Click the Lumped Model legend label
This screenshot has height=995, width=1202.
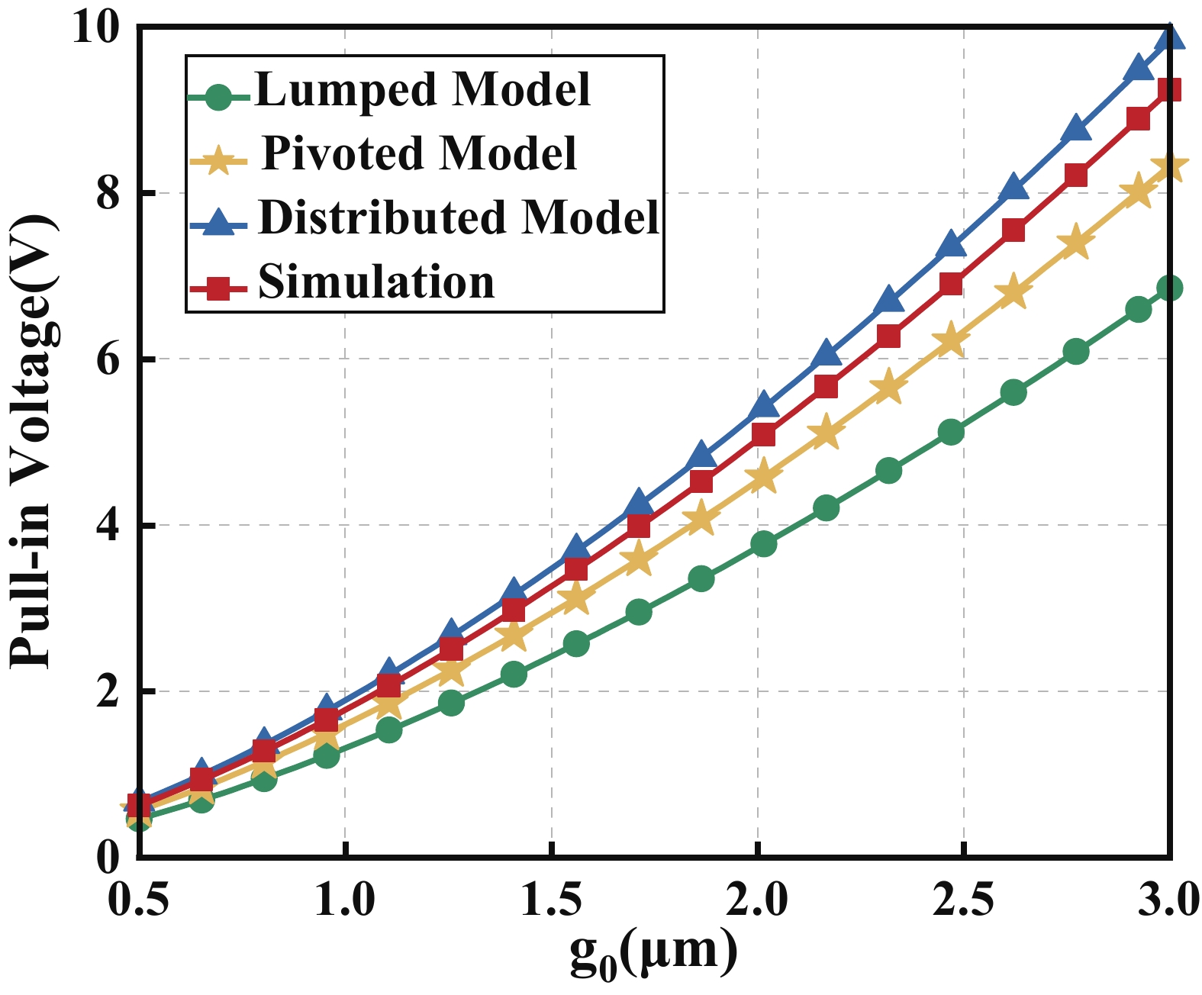point(423,89)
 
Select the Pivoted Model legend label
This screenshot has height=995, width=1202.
point(419,153)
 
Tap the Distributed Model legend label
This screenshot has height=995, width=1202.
point(459,217)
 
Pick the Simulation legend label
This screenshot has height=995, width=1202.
point(376,282)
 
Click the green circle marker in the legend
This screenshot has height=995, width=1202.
point(219,98)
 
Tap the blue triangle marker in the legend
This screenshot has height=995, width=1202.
point(219,224)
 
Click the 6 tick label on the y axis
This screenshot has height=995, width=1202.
point(110,359)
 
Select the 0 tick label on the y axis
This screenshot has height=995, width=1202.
point(110,857)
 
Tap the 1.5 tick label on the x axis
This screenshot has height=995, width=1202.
point(551,899)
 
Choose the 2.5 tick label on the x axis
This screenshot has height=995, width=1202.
point(964,899)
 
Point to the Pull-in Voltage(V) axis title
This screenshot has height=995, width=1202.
point(32,443)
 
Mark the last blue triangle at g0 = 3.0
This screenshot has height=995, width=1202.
point(1170,37)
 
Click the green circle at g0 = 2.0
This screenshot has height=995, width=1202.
point(764,544)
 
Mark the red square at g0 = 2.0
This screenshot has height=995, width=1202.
point(764,435)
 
